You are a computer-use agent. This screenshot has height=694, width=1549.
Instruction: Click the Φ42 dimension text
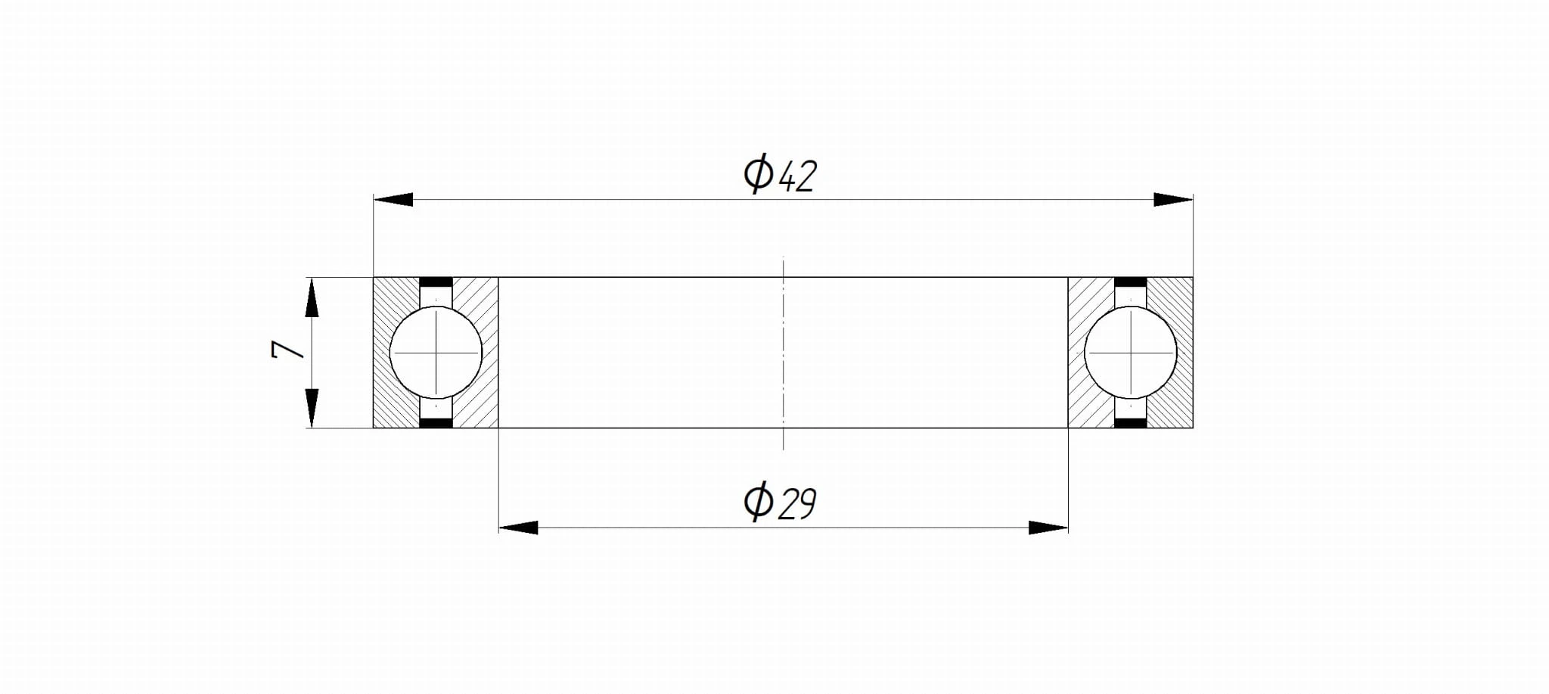pyautogui.click(x=780, y=174)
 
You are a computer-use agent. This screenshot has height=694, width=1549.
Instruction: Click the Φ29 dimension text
pyautogui.click(x=780, y=501)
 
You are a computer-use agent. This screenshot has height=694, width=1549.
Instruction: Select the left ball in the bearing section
pyautogui.click(x=436, y=352)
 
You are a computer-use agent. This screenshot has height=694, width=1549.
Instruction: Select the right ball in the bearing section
pyautogui.click(x=1131, y=352)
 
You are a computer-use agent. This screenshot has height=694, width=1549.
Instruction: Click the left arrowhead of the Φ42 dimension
pyautogui.click(x=393, y=200)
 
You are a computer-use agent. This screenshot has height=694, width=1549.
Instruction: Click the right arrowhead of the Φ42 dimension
pyautogui.click(x=1173, y=200)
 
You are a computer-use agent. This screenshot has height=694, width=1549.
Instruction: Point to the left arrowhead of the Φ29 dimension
pyautogui.click(x=518, y=528)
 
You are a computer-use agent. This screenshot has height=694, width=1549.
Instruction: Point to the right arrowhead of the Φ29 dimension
pyautogui.click(x=1048, y=528)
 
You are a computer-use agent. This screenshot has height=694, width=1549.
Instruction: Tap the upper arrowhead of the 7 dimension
pyautogui.click(x=312, y=297)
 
